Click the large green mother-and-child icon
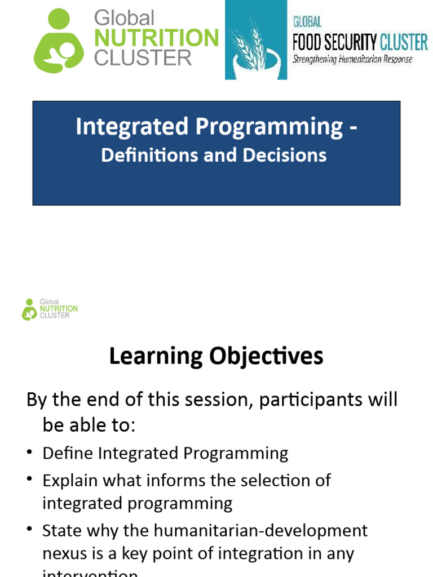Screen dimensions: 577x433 59,41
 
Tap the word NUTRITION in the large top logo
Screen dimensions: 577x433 156,38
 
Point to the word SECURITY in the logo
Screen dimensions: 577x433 353,42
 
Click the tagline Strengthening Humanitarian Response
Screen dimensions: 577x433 352,59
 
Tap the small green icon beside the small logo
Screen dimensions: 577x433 29,309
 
